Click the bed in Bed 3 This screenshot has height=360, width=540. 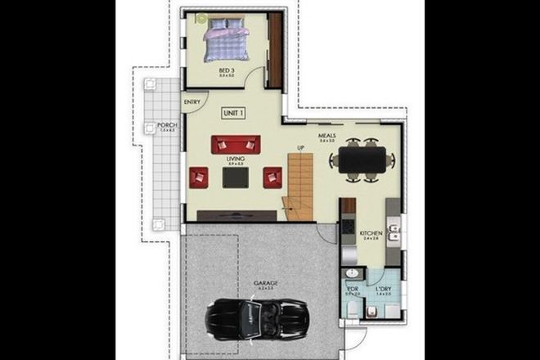(224, 41)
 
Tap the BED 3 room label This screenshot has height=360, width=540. (227, 71)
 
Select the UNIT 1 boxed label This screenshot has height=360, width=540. (236, 113)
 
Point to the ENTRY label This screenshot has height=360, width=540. (193, 102)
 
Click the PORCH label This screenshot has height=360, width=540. (168, 125)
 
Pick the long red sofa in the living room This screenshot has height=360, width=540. (236, 145)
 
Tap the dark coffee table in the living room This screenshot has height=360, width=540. (236, 178)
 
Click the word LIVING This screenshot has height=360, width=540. (236, 160)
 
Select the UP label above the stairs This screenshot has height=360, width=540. (300, 147)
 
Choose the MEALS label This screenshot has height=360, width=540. (328, 137)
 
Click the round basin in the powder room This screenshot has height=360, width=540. (352, 273)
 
